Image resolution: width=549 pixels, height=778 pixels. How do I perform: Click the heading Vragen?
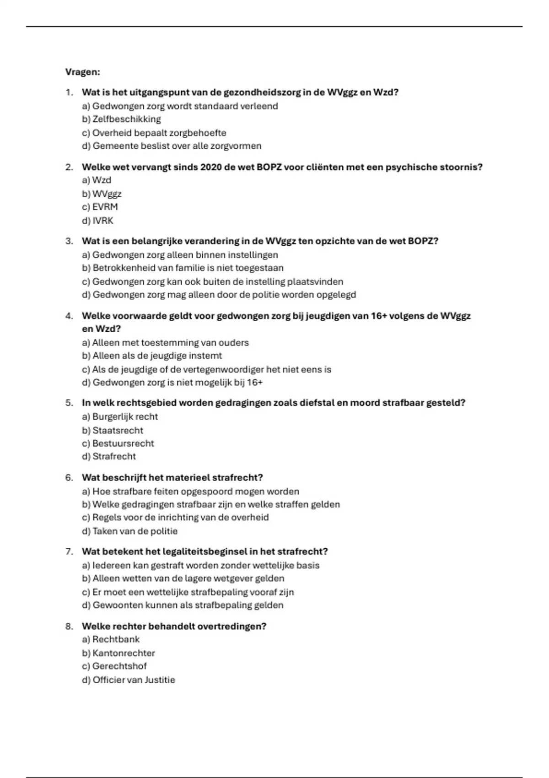coord(82,72)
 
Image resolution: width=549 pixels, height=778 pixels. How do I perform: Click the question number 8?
coord(69,626)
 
